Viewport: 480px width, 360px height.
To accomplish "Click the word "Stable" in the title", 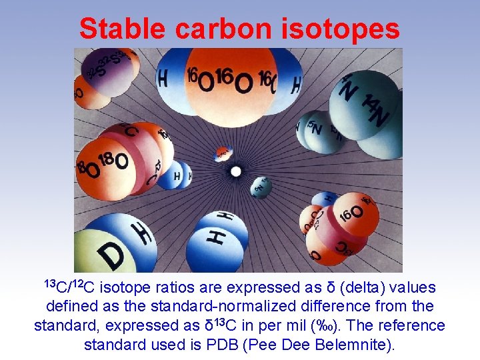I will coord(121,29).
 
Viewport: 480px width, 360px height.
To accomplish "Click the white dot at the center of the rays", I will coord(235,171).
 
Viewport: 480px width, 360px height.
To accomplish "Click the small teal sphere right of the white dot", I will coord(261,186).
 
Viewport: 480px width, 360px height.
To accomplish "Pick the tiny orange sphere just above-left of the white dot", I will coord(221,154).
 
